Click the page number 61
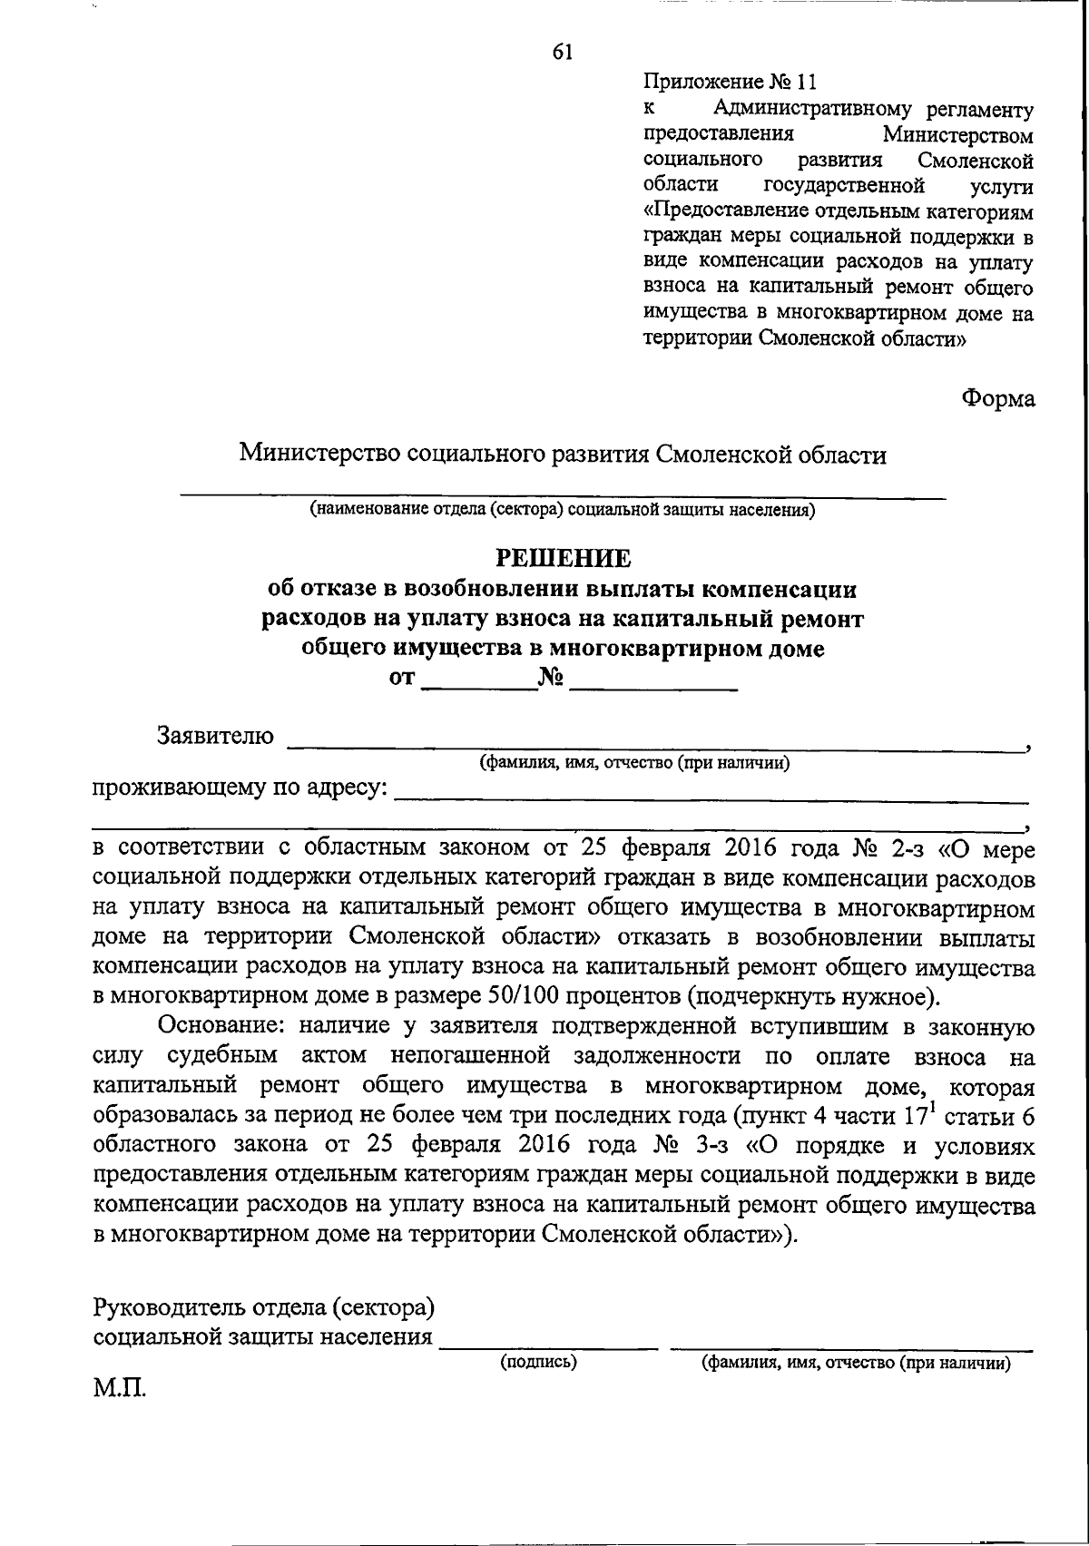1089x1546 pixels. coord(563,53)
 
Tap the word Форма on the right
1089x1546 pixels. coord(998,397)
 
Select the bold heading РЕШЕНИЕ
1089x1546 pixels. coord(562,557)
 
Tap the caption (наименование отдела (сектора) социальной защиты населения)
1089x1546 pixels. coord(562,509)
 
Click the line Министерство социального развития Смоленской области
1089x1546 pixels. coord(562,454)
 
